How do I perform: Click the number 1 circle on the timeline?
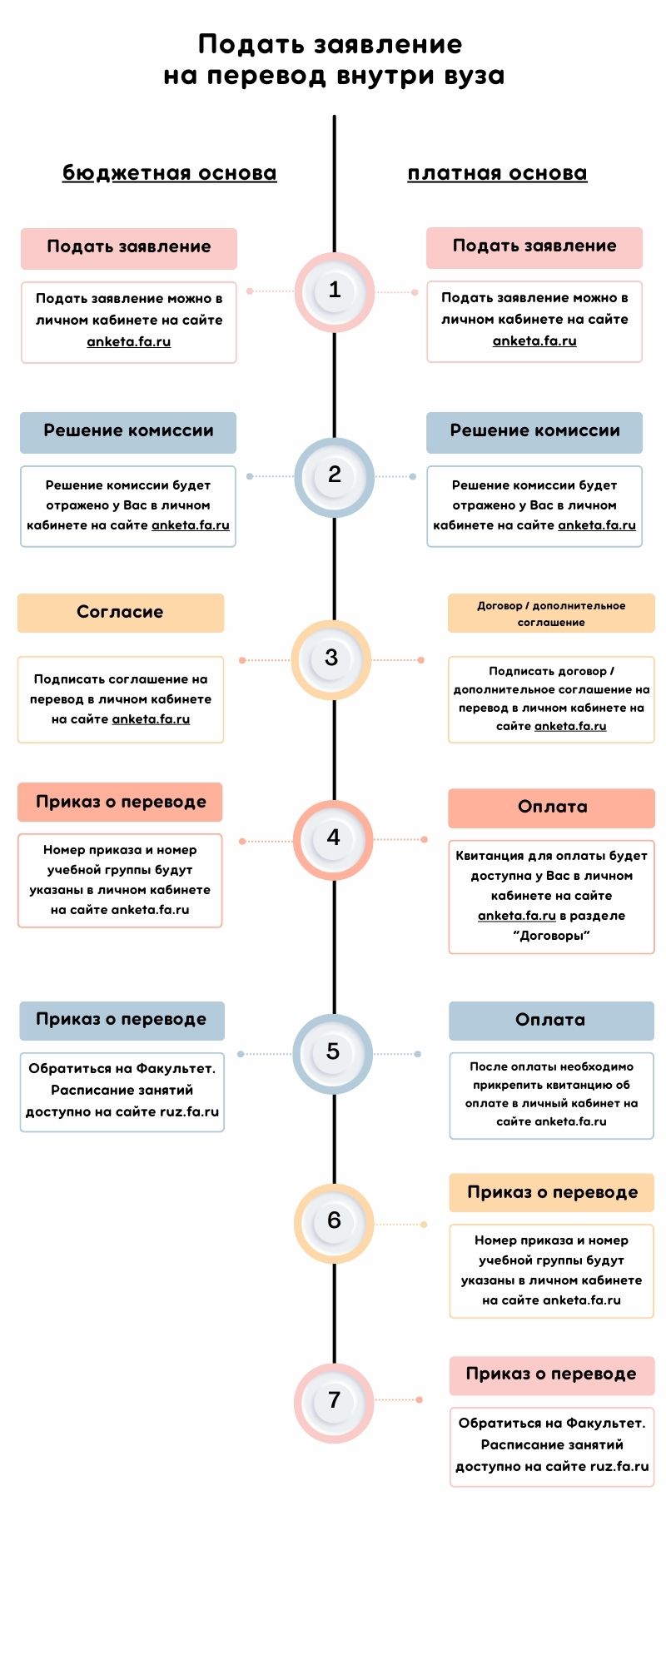click(334, 291)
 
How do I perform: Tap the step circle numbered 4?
click(333, 839)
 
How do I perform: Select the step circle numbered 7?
click(334, 1401)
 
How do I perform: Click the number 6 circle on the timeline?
click(334, 1222)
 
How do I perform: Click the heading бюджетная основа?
click(169, 173)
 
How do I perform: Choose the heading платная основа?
click(497, 173)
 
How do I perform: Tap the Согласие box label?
click(120, 613)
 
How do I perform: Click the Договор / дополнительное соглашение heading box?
click(551, 614)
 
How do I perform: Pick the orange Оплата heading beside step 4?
click(552, 808)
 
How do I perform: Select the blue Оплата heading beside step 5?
click(550, 1021)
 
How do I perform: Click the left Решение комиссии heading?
click(128, 431)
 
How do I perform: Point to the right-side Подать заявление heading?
click(534, 246)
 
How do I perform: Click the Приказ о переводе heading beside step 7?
click(551, 1374)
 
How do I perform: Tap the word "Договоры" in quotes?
click(551, 936)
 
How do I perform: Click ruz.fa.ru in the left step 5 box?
click(189, 1111)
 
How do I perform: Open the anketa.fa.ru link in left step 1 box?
click(129, 341)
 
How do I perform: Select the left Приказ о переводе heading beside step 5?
click(122, 1020)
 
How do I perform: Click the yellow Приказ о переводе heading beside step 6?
click(552, 1193)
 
